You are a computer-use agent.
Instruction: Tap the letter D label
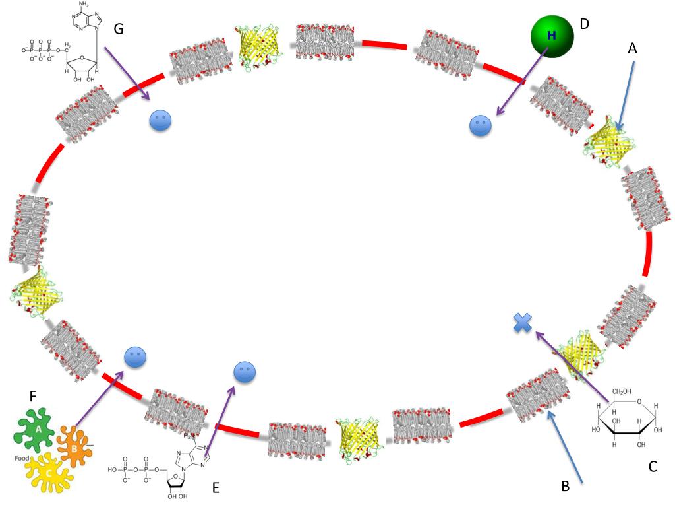[x=584, y=24]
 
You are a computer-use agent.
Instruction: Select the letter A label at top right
[x=633, y=48]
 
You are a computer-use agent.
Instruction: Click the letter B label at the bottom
[x=565, y=487]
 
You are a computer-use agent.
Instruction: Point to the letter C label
[x=653, y=467]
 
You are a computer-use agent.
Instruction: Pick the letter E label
[x=215, y=488]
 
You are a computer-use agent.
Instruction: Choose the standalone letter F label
[x=33, y=397]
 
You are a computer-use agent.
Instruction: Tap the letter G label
[x=119, y=28]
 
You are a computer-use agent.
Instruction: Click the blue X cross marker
[x=522, y=323]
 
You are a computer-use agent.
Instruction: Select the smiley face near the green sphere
[x=481, y=125]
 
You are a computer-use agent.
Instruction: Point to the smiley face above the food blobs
[x=135, y=357]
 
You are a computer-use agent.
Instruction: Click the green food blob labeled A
[x=37, y=429]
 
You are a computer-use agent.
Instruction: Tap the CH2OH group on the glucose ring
[x=624, y=395]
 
